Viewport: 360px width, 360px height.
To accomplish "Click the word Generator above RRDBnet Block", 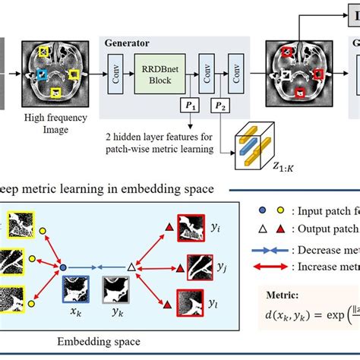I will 127,43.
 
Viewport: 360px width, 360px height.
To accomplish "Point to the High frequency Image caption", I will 54,124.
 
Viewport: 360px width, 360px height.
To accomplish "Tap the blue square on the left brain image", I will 43,75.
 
